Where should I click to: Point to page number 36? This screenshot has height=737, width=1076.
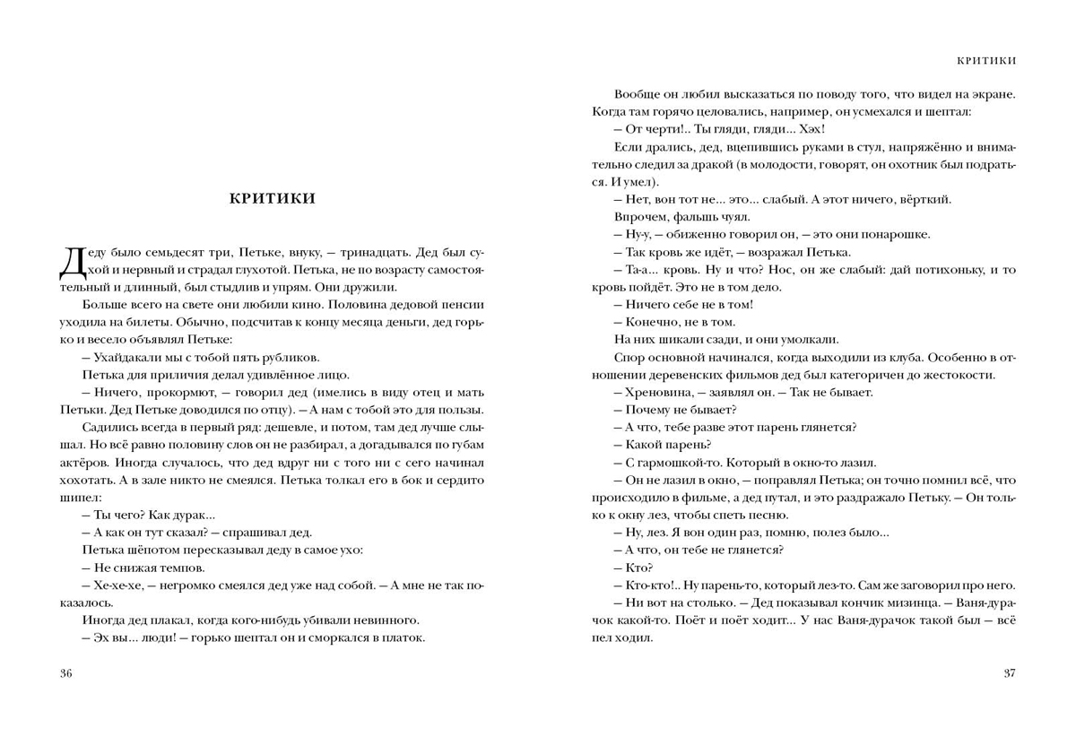(x=65, y=674)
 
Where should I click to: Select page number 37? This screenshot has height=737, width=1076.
(x=1008, y=674)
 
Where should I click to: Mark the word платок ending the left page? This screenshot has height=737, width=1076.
(x=405, y=637)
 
